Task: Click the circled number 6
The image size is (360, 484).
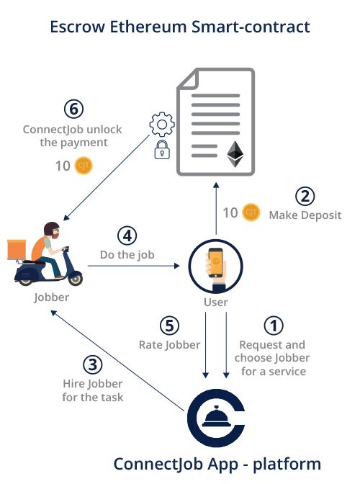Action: (x=73, y=109)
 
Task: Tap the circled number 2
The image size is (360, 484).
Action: (x=305, y=196)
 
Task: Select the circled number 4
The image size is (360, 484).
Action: (x=126, y=236)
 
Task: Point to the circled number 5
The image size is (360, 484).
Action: (x=169, y=326)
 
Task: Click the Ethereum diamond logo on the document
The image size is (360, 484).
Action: (x=235, y=154)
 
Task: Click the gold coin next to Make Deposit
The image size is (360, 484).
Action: (x=251, y=212)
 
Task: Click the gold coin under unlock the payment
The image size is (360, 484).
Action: (x=84, y=166)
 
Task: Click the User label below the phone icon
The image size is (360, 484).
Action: (x=216, y=302)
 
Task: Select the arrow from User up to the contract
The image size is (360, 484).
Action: (x=215, y=209)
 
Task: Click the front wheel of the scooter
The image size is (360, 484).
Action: (x=73, y=276)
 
